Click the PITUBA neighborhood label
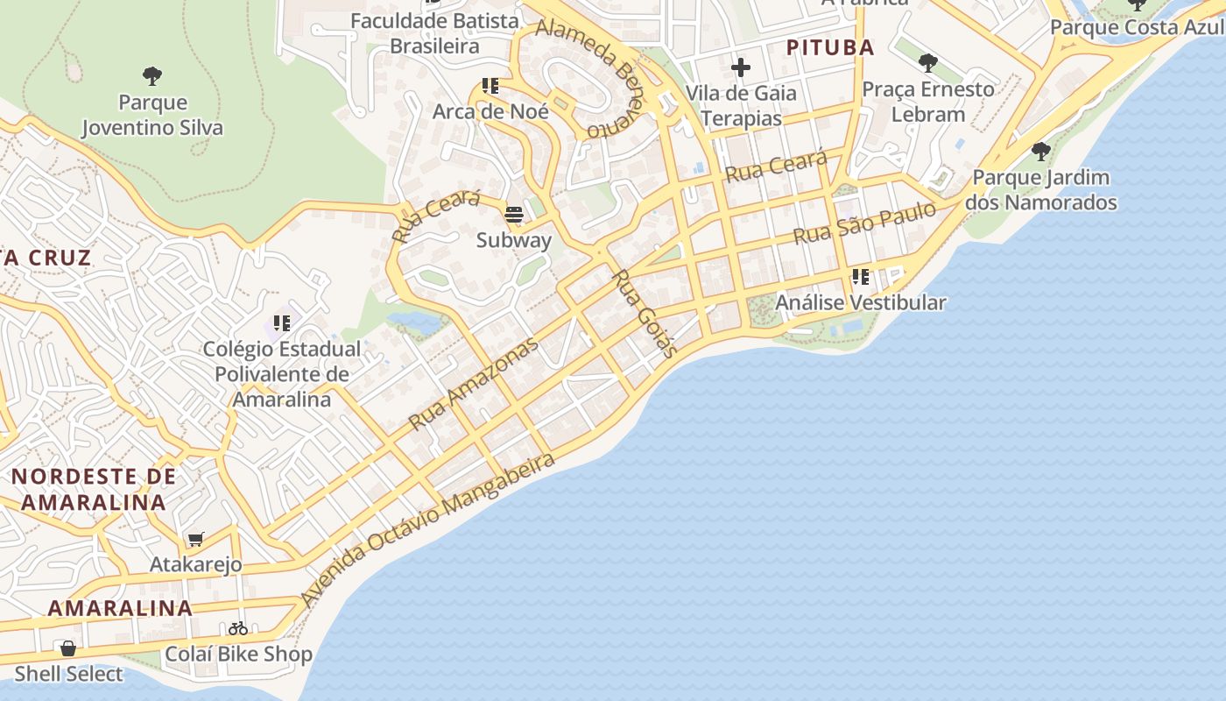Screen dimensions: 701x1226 (830, 47)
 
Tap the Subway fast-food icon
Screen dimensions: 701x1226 (514, 214)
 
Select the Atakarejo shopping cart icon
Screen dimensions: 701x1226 (195, 540)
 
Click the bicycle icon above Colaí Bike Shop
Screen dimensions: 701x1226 (238, 628)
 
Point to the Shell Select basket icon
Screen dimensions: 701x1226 (68, 648)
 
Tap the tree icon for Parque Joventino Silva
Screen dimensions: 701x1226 (152, 76)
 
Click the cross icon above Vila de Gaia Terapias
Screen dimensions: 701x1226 (741, 67)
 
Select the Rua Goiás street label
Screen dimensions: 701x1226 (645, 314)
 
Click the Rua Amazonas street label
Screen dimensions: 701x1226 (473, 385)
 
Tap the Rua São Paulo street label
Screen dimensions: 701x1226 (863, 223)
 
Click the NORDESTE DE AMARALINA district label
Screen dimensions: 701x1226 (94, 489)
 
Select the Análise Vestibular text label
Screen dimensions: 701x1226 (861, 303)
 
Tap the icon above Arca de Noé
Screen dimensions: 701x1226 (490, 86)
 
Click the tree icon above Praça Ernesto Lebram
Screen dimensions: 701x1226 (928, 63)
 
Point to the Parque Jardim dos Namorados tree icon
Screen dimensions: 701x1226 (1040, 152)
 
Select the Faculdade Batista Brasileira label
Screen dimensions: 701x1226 (435, 33)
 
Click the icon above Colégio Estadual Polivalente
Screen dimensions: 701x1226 (282, 323)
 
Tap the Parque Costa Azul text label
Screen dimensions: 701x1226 (1137, 27)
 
